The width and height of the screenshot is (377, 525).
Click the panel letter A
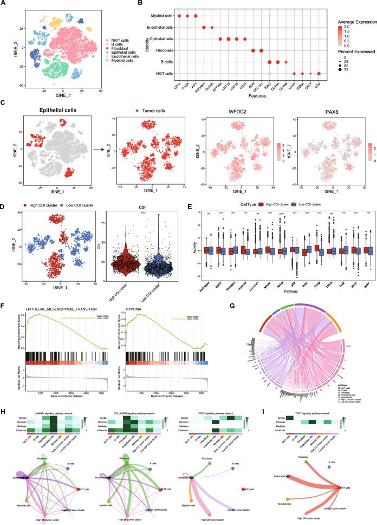coord(4,4)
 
